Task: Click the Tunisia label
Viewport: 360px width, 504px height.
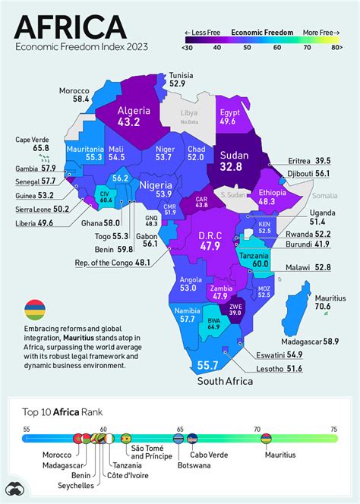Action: tap(181, 76)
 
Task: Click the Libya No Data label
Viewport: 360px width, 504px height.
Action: tap(189, 117)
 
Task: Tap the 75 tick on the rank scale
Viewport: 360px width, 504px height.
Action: tap(333, 428)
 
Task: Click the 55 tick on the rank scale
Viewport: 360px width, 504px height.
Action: tap(27, 428)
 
